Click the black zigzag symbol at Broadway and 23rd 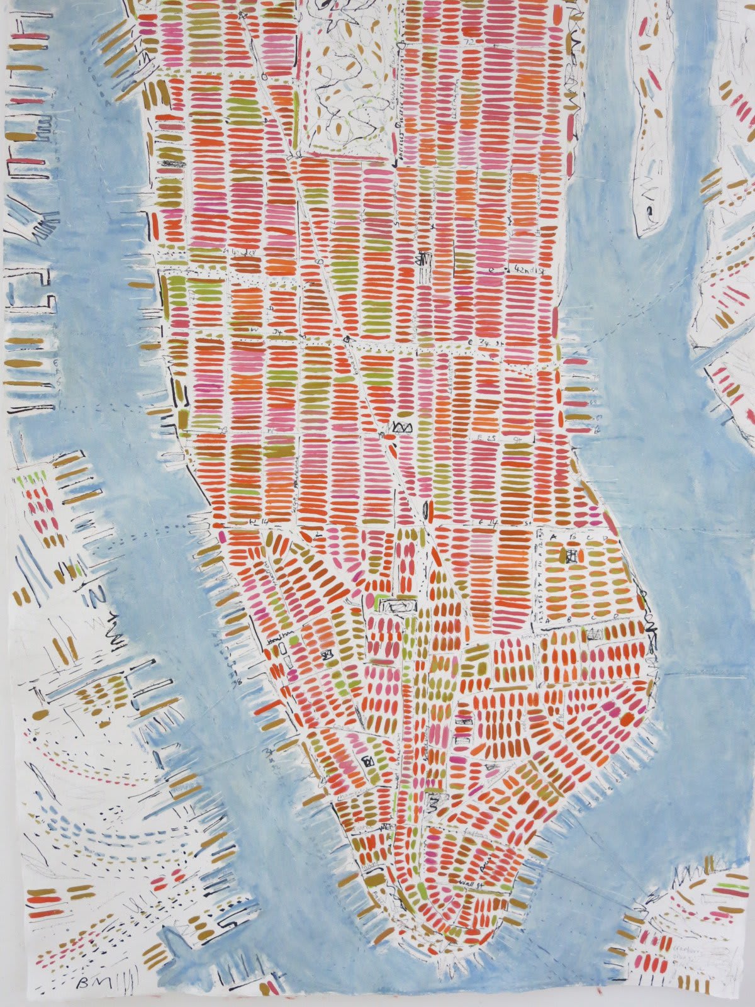pos(401,428)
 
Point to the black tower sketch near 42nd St pos(424,259)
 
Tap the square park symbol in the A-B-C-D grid pos(571,555)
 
